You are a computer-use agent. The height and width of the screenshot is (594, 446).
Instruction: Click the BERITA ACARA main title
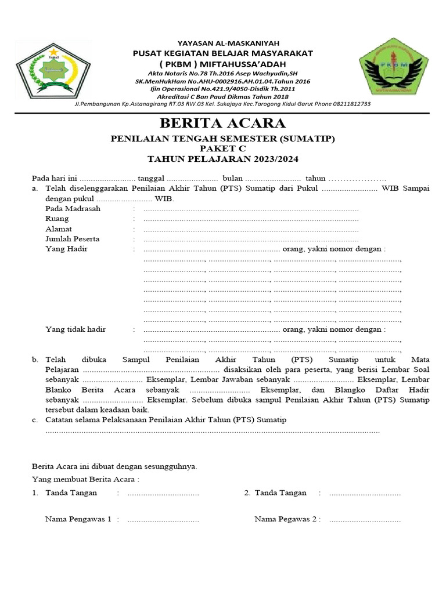(x=223, y=124)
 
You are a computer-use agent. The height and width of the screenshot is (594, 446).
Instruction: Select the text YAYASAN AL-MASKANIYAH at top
(x=223, y=43)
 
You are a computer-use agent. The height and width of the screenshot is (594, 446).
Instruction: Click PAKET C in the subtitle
(x=223, y=149)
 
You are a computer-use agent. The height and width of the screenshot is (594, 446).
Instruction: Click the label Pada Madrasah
(x=73, y=208)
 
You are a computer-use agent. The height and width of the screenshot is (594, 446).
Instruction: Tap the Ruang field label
(x=57, y=219)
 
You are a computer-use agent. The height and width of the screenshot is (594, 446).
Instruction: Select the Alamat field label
(x=59, y=229)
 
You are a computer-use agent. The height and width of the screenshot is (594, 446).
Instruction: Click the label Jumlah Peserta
(x=73, y=239)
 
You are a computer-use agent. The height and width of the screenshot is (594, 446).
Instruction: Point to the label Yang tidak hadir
(x=75, y=329)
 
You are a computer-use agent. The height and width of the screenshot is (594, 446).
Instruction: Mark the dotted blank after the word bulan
(x=273, y=179)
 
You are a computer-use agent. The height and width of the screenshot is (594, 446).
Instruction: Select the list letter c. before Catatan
(x=35, y=419)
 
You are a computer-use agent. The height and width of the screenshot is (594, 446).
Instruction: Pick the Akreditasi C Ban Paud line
(x=223, y=96)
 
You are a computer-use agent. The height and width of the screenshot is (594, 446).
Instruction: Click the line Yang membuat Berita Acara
(x=85, y=479)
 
